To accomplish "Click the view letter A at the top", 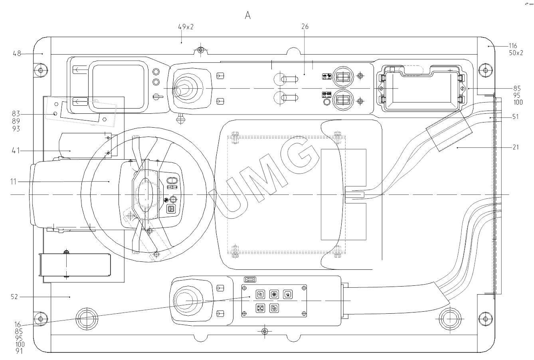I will [248, 16].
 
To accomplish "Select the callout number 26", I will [305, 27].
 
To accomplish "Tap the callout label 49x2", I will [186, 27].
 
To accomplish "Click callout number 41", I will [16, 150].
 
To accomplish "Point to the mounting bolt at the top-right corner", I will [485, 71].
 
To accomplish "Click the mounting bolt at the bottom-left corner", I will [40, 319].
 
